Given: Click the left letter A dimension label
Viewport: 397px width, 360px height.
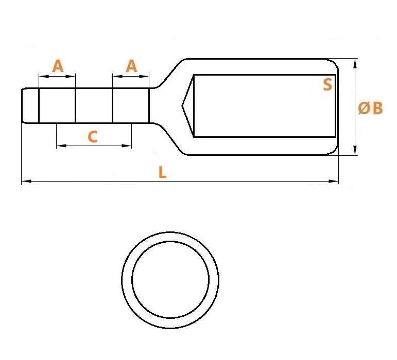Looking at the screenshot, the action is pyautogui.click(x=58, y=66).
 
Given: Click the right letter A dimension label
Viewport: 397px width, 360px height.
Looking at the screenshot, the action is pyautogui.click(x=131, y=66).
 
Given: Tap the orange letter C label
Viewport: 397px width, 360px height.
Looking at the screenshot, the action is pyautogui.click(x=93, y=137).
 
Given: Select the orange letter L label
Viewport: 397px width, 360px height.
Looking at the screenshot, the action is pyautogui.click(x=162, y=172).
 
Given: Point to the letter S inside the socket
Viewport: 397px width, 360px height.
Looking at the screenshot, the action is pyautogui.click(x=327, y=84).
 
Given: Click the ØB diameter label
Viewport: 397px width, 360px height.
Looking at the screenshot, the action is pyautogui.click(x=370, y=108).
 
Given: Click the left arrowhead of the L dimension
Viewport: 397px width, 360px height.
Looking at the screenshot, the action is pyautogui.click(x=26, y=181).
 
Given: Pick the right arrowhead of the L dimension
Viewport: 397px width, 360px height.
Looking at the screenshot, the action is pyautogui.click(x=334, y=181).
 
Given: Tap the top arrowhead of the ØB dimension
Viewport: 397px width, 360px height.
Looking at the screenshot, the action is pyautogui.click(x=355, y=63).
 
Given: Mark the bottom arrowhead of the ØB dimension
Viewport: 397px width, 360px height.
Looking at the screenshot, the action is pyautogui.click(x=355, y=150).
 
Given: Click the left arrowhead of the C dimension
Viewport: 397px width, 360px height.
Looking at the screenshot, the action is pyautogui.click(x=61, y=146).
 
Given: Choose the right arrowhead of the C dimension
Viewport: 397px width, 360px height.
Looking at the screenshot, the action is pyautogui.click(x=127, y=146).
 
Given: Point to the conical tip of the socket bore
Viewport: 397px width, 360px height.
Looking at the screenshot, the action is pyautogui.click(x=182, y=106).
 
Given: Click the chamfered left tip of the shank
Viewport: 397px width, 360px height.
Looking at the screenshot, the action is pyautogui.click(x=25, y=105).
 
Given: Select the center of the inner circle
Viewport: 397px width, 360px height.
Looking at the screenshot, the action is pyautogui.click(x=170, y=279).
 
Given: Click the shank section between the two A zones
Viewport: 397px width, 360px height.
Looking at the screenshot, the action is pyautogui.click(x=94, y=105).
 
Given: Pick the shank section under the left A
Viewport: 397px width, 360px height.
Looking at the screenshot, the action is pyautogui.click(x=57, y=105).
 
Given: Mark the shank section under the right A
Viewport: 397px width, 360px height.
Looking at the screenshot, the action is pyautogui.click(x=131, y=105).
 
